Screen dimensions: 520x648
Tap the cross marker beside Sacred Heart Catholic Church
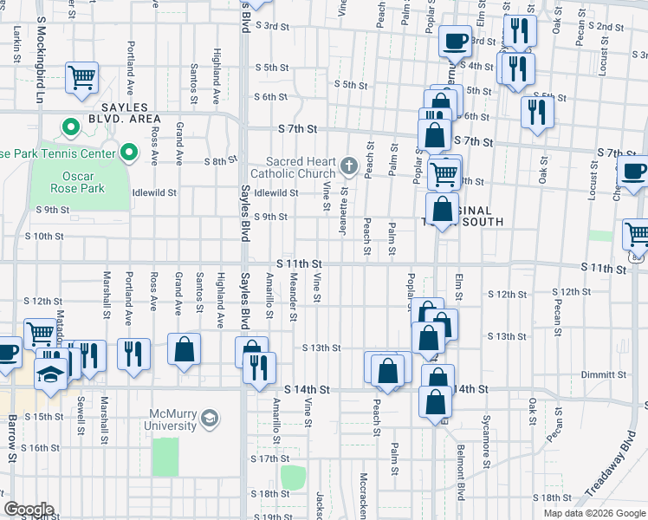point(348,165)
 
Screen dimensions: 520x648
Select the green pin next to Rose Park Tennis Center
point(129,153)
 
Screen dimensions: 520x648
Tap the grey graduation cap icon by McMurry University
point(209,419)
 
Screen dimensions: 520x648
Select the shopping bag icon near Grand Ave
point(184,351)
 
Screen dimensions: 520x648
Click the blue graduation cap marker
point(49,374)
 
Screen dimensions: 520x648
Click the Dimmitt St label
point(604,374)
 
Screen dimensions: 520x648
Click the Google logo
point(29,510)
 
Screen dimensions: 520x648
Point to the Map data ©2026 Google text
point(593,513)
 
